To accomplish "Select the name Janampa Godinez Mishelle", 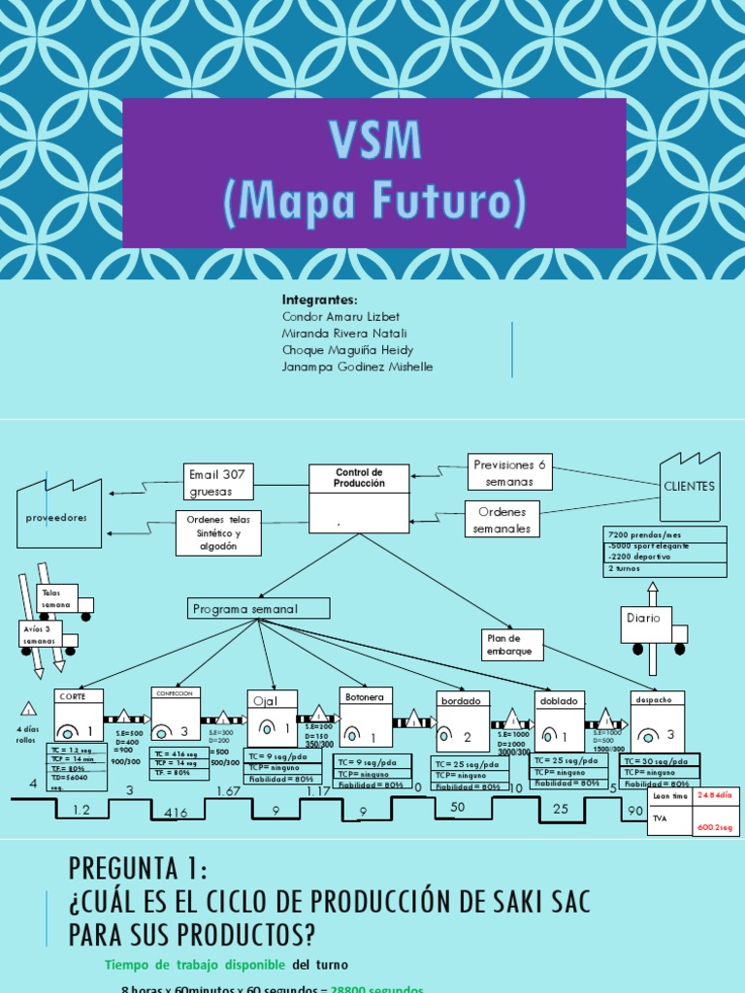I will click(357, 367).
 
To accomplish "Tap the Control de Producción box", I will click(359, 496).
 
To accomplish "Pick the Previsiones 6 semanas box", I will click(509, 472).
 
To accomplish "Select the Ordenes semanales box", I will click(502, 519).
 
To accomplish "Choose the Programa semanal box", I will click(258, 608).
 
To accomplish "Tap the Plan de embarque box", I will click(512, 645).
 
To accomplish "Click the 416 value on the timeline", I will click(176, 811).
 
